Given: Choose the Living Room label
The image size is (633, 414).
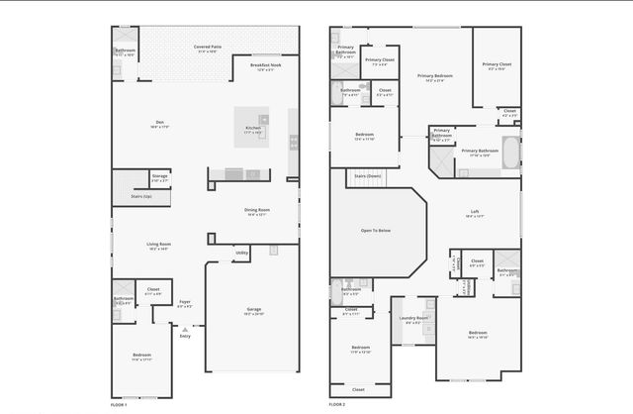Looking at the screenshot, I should click(x=159, y=246).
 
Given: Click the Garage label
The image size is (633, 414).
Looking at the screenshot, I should click(x=254, y=311).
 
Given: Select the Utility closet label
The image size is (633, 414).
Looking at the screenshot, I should click(x=241, y=254).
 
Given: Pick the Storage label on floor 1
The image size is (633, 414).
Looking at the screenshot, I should click(x=159, y=177).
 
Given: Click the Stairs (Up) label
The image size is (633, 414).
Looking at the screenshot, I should click(x=141, y=197).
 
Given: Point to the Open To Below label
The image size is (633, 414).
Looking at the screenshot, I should click(x=376, y=231).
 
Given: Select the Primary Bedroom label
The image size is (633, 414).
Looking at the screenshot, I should click(x=435, y=77).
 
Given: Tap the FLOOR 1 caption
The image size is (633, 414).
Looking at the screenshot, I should click(x=120, y=405).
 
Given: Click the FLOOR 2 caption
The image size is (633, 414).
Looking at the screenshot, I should click(x=337, y=405).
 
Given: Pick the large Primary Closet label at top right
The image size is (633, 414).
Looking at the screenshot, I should click(x=497, y=66).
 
